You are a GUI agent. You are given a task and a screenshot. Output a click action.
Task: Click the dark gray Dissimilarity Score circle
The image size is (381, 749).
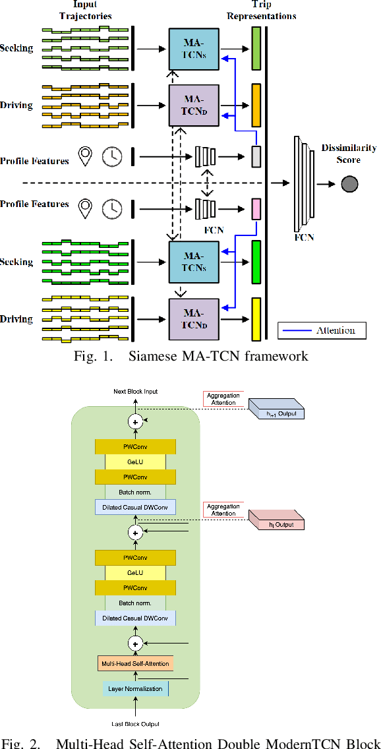click(349, 185)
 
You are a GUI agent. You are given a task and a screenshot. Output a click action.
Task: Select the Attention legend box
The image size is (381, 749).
click(321, 330)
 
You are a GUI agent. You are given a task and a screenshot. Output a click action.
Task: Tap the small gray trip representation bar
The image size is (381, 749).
click(256, 156)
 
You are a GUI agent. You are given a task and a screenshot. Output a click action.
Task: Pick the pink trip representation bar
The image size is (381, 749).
click(256, 208)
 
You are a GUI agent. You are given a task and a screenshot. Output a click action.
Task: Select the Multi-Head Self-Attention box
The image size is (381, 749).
click(135, 663)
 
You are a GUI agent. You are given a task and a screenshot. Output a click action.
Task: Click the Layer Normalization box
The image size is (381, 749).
click(135, 688)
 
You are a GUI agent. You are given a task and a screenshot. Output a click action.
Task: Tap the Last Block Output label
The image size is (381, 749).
click(135, 724)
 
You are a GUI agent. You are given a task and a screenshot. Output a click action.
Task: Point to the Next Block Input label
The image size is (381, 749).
click(135, 392)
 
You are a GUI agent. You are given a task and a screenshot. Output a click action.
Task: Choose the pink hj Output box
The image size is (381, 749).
click(276, 524)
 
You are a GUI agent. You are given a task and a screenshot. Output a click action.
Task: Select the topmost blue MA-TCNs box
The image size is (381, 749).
click(194, 47)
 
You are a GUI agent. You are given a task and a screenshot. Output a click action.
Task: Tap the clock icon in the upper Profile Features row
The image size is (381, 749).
click(112, 156)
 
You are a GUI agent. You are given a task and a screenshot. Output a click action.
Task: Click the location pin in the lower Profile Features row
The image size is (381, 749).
click(85, 208)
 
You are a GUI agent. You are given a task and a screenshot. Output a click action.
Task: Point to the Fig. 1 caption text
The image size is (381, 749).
click(190, 357)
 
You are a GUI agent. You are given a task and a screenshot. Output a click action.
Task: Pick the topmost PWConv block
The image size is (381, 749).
click(135, 446)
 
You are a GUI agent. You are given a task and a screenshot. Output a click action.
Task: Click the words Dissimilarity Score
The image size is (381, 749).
click(349, 153)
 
